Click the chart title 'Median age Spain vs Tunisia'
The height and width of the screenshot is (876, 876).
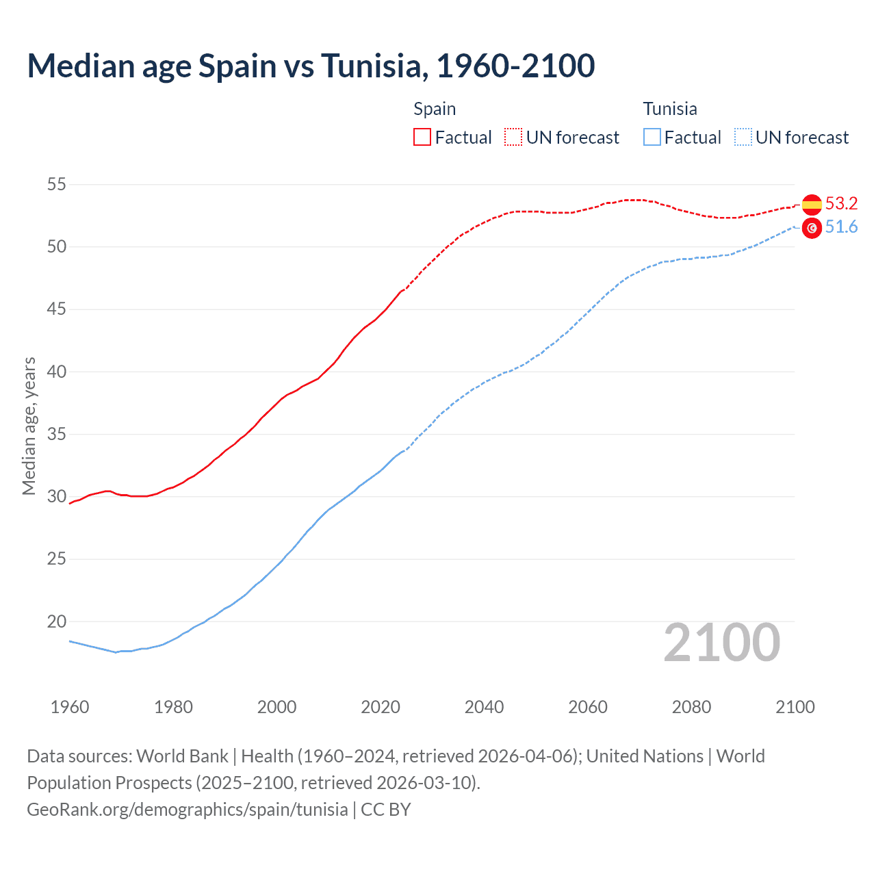pos(311,66)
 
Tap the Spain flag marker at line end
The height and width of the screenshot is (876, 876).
pos(812,204)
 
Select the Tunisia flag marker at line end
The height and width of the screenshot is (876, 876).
pos(812,228)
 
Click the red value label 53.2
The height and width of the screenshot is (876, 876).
pos(841,203)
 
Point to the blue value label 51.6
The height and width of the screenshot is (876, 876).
pos(841,227)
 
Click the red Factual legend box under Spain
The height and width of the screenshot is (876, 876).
pos(422,138)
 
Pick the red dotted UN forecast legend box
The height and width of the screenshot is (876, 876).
pos(513,138)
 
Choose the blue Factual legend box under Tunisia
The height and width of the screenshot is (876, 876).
pos(652,138)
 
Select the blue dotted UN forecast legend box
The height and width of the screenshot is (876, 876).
pos(743,138)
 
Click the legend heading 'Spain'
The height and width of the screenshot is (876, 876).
pos(435,109)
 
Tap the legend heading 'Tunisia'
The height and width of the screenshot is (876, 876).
pos(670,109)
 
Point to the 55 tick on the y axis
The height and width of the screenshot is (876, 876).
pos(57,184)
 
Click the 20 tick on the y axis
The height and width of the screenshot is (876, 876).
pos(57,621)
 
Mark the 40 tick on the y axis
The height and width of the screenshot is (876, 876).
pos(57,372)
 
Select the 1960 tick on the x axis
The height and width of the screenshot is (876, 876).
pos(70,707)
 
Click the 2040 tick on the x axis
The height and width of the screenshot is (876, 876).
pos(484,707)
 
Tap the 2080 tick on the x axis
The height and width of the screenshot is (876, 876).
pos(691,707)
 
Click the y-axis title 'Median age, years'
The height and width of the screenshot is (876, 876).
pos(29,426)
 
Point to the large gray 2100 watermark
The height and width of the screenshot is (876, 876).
pos(722,643)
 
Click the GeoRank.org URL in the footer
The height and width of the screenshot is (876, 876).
pos(188,809)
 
